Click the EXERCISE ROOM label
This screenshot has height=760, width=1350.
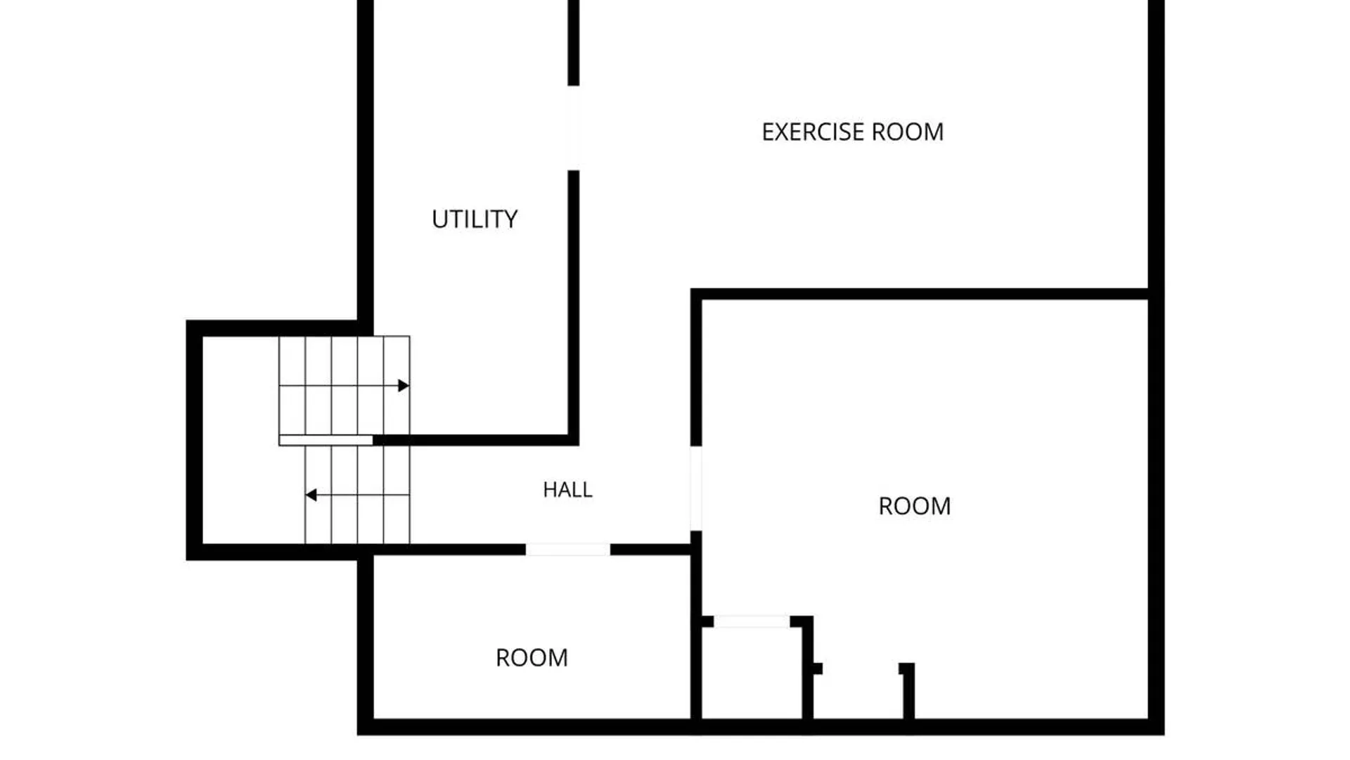[852, 132]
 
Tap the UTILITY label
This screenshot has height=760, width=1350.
[475, 220]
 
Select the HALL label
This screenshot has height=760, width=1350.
[567, 490]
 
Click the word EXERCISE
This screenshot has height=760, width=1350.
[813, 132]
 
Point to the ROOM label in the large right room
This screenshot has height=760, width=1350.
[914, 506]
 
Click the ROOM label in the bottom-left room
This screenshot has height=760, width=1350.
[532, 658]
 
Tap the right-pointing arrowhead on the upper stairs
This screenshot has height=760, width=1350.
[404, 386]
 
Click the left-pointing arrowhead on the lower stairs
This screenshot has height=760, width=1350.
[311, 495]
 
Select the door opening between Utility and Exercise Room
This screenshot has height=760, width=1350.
[574, 128]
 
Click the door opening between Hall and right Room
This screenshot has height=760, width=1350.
[696, 488]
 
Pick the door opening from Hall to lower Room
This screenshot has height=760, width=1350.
[567, 550]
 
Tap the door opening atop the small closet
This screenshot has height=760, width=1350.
[752, 621]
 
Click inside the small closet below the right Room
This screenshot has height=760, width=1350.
[752, 673]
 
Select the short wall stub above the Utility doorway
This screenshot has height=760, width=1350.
[574, 42]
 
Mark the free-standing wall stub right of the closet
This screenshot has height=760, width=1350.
[908, 691]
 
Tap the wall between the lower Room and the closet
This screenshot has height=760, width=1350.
[696, 633]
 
